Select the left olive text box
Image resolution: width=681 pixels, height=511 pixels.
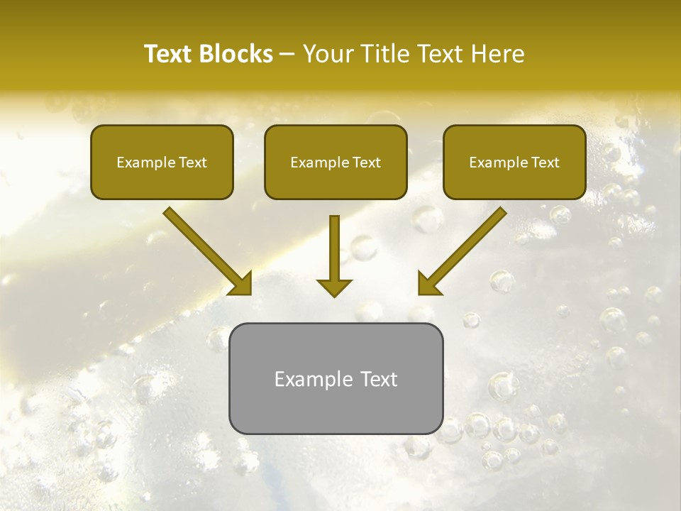click(x=162, y=162)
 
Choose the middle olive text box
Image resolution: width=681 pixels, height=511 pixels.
click(x=336, y=162)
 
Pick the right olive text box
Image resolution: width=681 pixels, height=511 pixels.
click(x=514, y=162)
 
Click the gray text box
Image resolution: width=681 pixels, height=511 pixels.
click(x=336, y=378)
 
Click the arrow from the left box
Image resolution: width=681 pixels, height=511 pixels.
click(x=206, y=248)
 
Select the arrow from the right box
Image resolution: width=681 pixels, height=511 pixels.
click(x=465, y=248)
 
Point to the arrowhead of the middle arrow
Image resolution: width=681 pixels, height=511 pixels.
click(x=334, y=287)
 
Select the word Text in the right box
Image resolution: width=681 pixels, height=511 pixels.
click(x=545, y=163)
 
